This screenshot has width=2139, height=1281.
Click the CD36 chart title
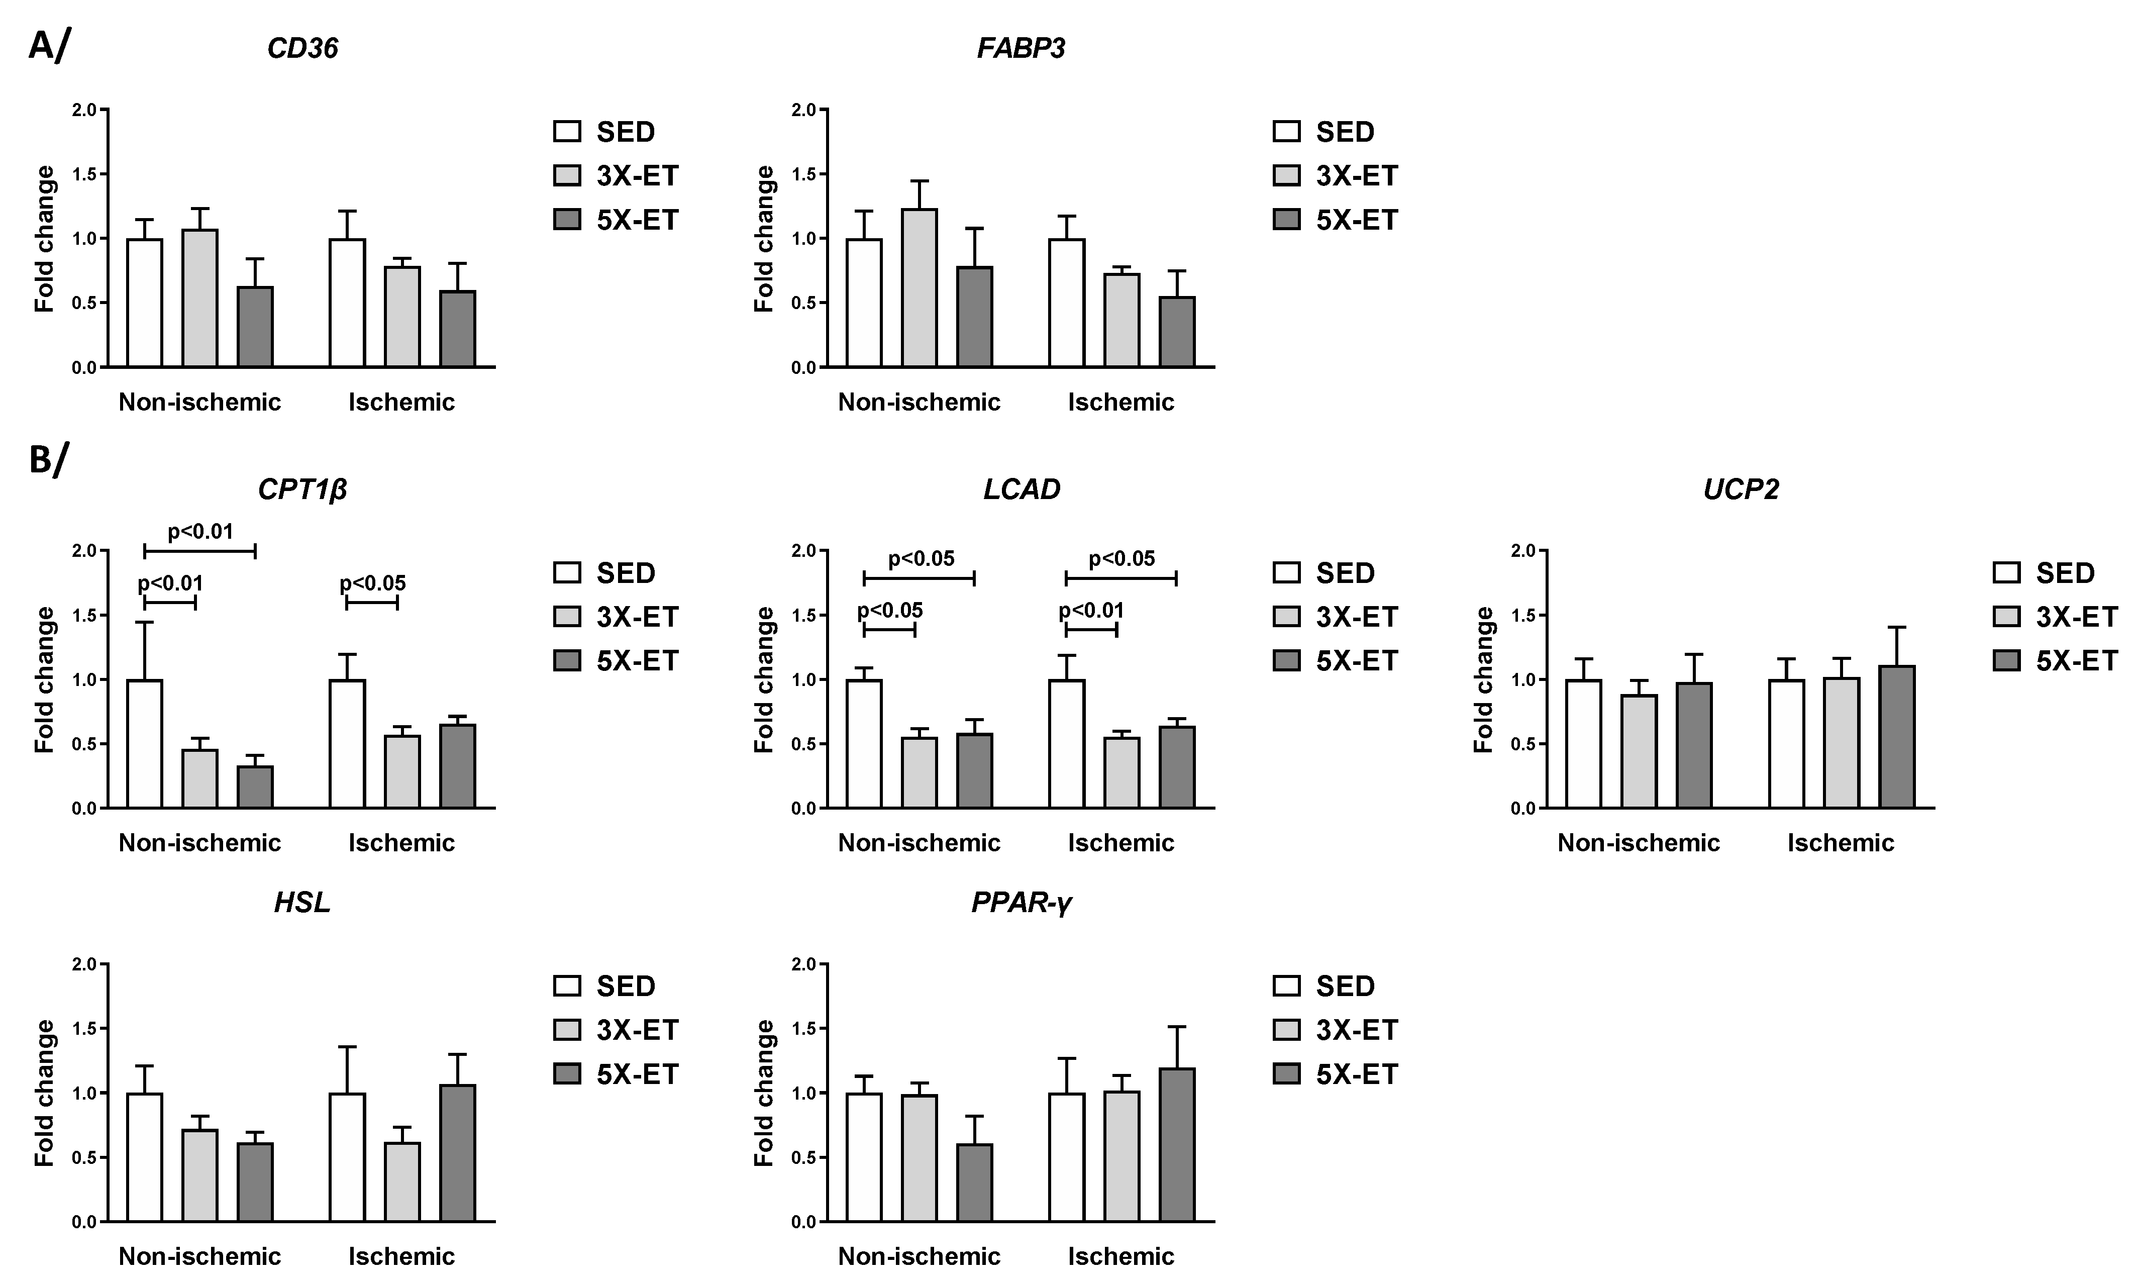[302, 48]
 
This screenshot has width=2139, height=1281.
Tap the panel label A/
[48, 46]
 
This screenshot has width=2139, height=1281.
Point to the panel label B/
[48, 460]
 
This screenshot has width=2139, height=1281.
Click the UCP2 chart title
[1741, 489]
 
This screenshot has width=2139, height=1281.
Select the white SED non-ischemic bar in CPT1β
[144, 744]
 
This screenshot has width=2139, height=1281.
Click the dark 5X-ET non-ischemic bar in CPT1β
[255, 787]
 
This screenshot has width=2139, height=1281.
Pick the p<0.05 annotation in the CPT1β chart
[373, 583]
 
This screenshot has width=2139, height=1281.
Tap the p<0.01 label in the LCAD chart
[1091, 611]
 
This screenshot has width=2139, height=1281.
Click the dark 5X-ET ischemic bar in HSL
[457, 1153]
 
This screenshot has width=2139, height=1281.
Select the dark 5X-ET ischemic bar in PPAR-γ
[1177, 1145]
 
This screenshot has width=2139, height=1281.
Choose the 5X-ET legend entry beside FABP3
[1335, 220]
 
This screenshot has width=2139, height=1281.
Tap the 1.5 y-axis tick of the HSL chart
[84, 1029]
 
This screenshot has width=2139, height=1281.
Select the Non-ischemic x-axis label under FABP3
[919, 402]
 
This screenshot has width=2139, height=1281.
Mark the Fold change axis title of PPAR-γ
[764, 1093]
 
